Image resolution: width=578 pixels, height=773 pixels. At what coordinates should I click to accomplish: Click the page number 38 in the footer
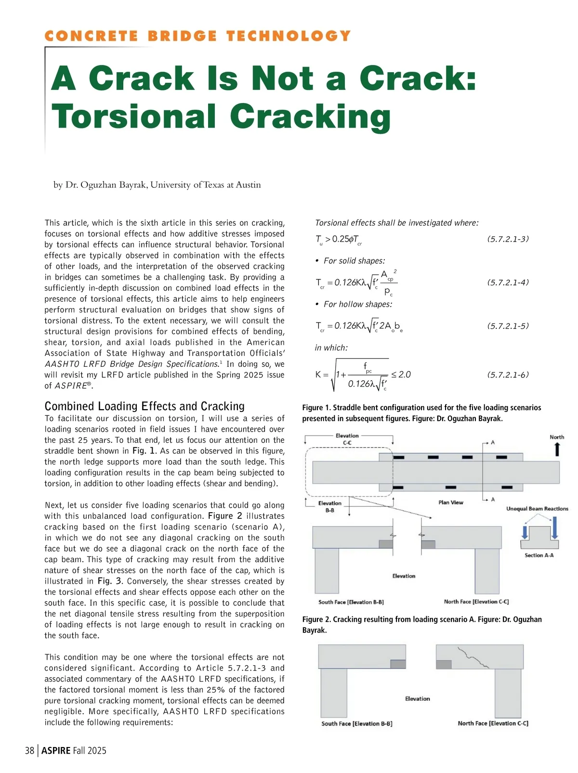click(x=30, y=750)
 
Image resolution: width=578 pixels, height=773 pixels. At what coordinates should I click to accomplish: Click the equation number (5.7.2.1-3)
click(x=508, y=239)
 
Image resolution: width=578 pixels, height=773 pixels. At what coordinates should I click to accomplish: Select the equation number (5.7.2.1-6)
click(x=508, y=374)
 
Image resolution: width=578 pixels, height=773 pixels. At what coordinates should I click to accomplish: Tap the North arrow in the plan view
click(x=557, y=449)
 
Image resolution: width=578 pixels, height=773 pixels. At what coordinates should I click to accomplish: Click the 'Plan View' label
click(x=450, y=502)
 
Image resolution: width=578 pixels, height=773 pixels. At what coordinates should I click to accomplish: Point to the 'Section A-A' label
click(x=539, y=555)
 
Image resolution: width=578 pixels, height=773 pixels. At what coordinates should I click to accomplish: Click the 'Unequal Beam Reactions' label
click(x=537, y=509)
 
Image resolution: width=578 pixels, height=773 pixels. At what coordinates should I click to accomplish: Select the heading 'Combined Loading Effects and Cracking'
click(x=144, y=406)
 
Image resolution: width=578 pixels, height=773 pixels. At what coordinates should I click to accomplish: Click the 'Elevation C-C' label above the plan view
click(x=347, y=439)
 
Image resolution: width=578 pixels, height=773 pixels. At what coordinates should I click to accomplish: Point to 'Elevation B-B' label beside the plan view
click(x=330, y=506)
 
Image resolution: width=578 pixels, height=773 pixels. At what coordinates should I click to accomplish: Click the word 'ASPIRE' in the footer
click(x=56, y=750)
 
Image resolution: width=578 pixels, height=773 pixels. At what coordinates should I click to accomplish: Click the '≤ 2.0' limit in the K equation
click(x=401, y=374)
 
